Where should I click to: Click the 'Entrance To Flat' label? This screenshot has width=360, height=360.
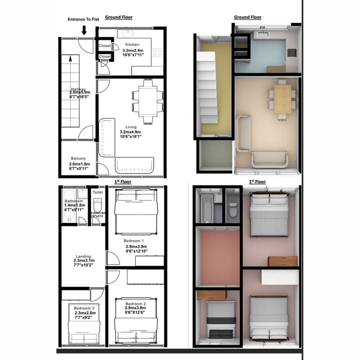82,19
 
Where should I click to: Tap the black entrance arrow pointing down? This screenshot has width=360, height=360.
84,30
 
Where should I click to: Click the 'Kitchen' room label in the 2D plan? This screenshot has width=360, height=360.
132,44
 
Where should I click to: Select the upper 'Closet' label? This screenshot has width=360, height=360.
105,46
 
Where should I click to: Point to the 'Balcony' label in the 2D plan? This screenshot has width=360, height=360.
78,158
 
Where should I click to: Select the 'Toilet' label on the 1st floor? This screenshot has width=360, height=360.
98,192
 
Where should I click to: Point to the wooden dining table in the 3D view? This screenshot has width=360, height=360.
282,98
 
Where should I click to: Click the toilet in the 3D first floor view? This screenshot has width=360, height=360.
233,208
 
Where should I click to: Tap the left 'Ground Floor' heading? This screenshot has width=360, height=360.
118,17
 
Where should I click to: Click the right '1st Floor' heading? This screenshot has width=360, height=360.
257,182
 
